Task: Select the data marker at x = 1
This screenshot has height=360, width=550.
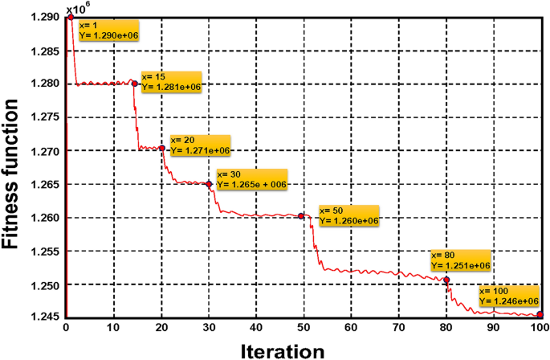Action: pos(71,16)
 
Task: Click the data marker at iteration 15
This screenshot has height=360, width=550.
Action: pos(135,84)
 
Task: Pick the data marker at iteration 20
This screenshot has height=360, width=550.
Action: pos(162,148)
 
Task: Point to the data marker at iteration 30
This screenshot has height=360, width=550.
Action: pos(209,184)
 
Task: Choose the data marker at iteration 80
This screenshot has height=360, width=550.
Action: pos(446,280)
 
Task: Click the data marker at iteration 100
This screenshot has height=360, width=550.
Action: pos(540,316)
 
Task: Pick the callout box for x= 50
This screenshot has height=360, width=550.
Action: pos(348,215)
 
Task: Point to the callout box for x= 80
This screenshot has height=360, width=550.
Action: pos(459,260)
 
